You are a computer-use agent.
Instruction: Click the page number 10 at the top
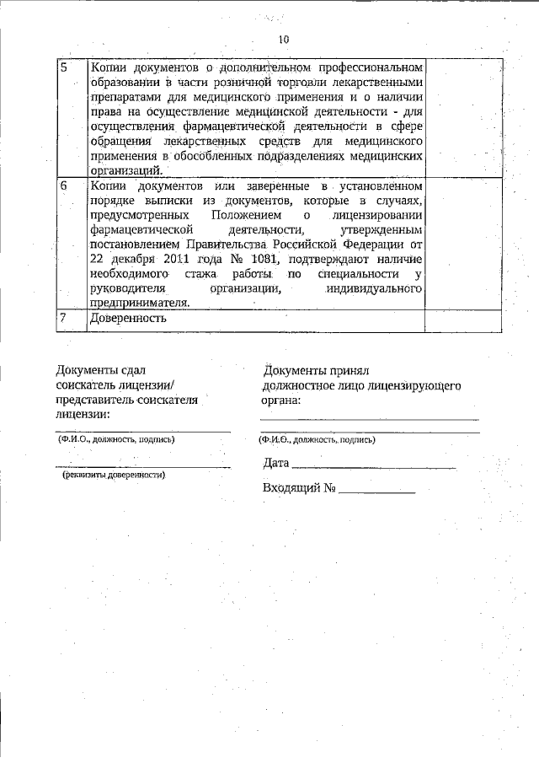pyautogui.click(x=283, y=40)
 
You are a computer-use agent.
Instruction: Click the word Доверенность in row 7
pyautogui.click(x=129, y=319)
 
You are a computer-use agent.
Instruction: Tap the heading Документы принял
pyautogui.click(x=316, y=370)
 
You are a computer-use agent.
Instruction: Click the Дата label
pyautogui.click(x=276, y=463)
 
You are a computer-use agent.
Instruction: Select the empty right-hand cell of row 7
pyautogui.click(x=463, y=319)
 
